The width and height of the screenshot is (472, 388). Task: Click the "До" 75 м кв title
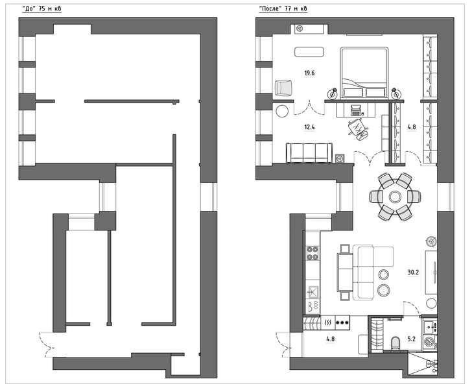(42, 8)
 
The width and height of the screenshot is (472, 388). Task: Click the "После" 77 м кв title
(283, 8)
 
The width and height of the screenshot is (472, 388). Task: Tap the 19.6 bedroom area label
(309, 73)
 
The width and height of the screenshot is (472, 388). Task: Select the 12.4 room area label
(309, 127)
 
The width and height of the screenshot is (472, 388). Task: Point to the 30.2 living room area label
(413, 273)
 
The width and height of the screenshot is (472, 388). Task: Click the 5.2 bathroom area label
(412, 339)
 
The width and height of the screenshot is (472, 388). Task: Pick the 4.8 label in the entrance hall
(330, 339)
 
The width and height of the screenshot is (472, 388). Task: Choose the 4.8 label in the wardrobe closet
(412, 127)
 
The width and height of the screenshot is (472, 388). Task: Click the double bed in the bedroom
(364, 73)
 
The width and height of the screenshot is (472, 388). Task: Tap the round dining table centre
(395, 197)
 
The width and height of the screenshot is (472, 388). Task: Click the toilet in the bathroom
(395, 343)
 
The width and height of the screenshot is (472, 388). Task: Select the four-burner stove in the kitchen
(313, 253)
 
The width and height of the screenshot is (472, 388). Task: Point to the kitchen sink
(313, 291)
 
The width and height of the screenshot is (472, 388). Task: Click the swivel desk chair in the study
(358, 129)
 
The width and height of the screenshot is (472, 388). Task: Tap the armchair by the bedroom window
(283, 88)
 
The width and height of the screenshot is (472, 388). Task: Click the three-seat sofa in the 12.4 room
(309, 152)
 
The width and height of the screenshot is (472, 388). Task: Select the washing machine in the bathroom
(430, 342)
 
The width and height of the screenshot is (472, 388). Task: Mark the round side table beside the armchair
(282, 111)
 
